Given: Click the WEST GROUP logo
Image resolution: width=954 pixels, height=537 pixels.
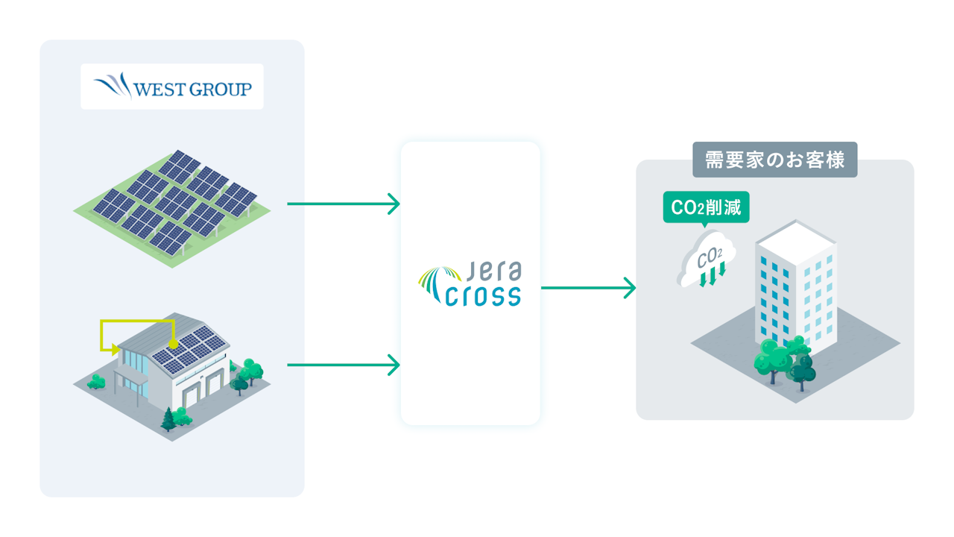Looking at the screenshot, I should (x=172, y=87).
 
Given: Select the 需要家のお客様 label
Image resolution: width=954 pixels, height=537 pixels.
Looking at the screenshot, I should (x=774, y=160).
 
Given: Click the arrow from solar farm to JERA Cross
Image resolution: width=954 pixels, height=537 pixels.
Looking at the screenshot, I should (x=344, y=203).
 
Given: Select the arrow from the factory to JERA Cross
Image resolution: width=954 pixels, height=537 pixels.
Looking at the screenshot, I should (x=344, y=365).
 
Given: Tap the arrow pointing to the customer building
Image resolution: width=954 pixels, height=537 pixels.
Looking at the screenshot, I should (x=588, y=287).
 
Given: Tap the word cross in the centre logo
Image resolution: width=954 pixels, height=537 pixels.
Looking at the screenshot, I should (x=482, y=296).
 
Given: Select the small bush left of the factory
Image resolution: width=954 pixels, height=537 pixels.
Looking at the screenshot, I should (x=96, y=382).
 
